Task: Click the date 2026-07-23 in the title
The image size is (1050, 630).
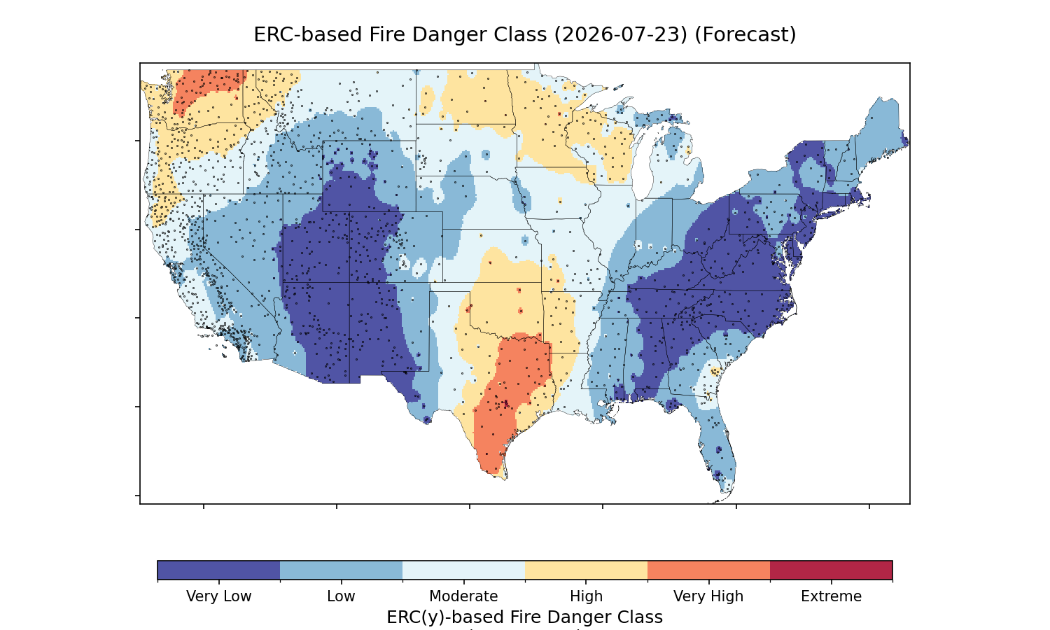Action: (x=621, y=35)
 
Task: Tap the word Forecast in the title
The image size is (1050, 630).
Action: (x=745, y=35)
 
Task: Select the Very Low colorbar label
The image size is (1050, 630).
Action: (x=218, y=596)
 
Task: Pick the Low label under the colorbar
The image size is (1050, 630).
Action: (x=341, y=596)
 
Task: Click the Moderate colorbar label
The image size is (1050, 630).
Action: (x=463, y=596)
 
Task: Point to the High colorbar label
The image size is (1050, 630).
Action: (x=586, y=596)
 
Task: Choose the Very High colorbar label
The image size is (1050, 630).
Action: (x=708, y=596)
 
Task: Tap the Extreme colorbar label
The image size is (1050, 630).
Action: (x=831, y=596)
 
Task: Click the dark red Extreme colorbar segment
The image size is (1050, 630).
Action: (x=831, y=570)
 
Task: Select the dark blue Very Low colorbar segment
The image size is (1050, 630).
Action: (x=218, y=570)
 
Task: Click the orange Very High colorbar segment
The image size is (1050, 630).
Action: (x=708, y=570)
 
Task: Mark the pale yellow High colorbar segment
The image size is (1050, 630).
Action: (x=586, y=570)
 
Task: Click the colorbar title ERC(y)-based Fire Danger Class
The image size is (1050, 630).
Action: (x=524, y=617)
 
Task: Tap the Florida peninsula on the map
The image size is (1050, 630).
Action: (x=717, y=445)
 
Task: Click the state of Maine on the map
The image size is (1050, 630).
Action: (x=881, y=127)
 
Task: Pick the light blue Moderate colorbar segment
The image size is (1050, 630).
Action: (x=463, y=570)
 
